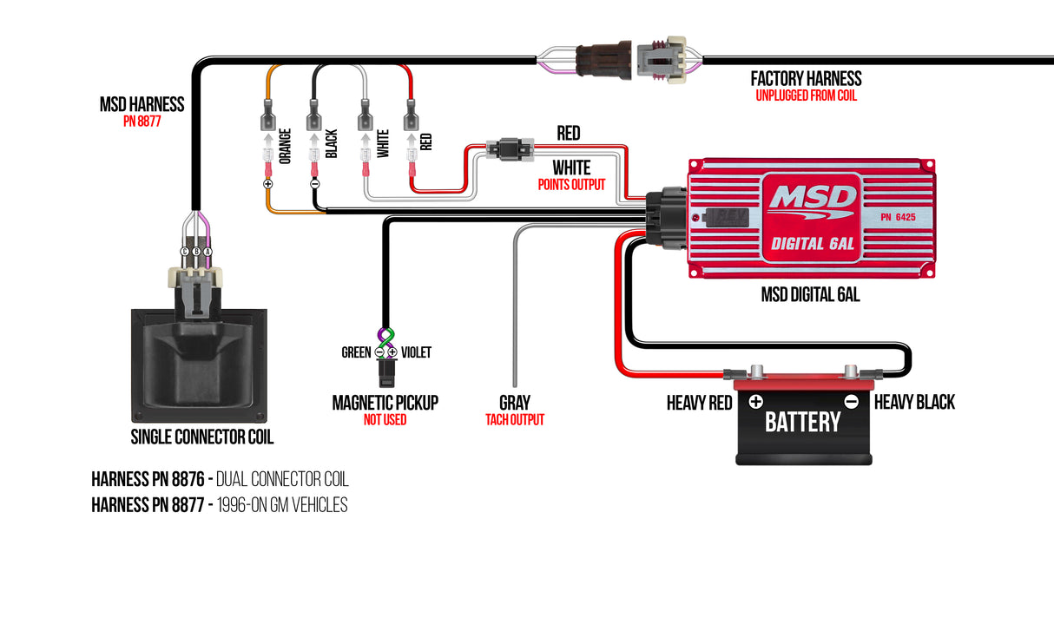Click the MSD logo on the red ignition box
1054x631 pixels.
pos(812,199)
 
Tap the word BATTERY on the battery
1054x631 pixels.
pos(802,422)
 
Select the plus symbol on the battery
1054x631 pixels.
pos(755,401)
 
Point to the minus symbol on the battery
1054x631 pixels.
pos(851,401)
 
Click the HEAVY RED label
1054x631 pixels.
pos(698,403)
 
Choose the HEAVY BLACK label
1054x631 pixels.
pos(914,403)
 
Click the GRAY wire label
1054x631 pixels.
pos(514,403)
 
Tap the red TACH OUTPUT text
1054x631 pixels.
pos(514,420)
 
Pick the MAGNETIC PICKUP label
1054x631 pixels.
pos(385,403)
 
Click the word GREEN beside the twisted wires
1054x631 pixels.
pos(356,352)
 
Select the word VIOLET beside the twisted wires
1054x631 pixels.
pos(416,352)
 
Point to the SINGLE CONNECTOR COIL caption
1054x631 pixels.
pos(201,437)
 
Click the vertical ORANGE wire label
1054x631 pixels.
pos(286,144)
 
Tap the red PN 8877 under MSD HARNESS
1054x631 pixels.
pos(142,122)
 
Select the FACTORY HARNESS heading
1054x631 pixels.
pos(806,79)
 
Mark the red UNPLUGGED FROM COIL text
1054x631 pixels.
pos(806,95)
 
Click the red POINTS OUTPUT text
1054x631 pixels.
pos(570,185)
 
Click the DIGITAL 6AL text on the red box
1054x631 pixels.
pos(813,244)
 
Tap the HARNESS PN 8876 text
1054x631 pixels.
pos(147,479)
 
